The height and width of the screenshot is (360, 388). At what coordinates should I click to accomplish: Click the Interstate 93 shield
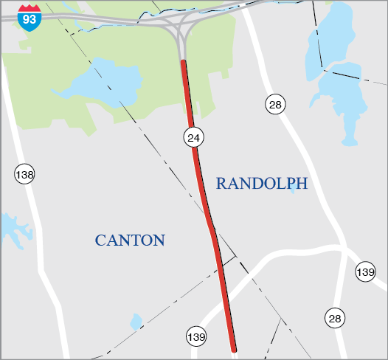29,15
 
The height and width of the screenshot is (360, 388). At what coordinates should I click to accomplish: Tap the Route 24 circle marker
194,136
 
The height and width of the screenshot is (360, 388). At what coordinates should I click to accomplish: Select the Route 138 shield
24,175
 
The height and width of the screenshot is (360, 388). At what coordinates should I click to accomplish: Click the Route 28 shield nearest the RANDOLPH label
276,105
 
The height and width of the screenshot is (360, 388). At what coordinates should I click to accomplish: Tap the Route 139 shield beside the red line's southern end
195,336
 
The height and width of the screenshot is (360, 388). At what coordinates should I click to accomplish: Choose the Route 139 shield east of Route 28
365,271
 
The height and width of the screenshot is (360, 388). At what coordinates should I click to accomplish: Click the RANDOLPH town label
261,184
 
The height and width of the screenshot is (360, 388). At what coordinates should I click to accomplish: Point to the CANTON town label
130,240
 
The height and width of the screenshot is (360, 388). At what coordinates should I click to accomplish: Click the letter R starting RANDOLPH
221,184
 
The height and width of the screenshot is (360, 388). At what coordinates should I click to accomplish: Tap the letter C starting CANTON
100,240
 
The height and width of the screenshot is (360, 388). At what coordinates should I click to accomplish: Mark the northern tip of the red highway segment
183,63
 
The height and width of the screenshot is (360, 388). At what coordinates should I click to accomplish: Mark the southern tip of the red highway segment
234,350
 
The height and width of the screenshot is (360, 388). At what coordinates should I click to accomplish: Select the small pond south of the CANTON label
136,322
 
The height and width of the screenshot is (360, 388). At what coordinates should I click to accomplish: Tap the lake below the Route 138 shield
13,229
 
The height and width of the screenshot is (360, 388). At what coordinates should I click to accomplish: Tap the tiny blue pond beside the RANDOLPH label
294,187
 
